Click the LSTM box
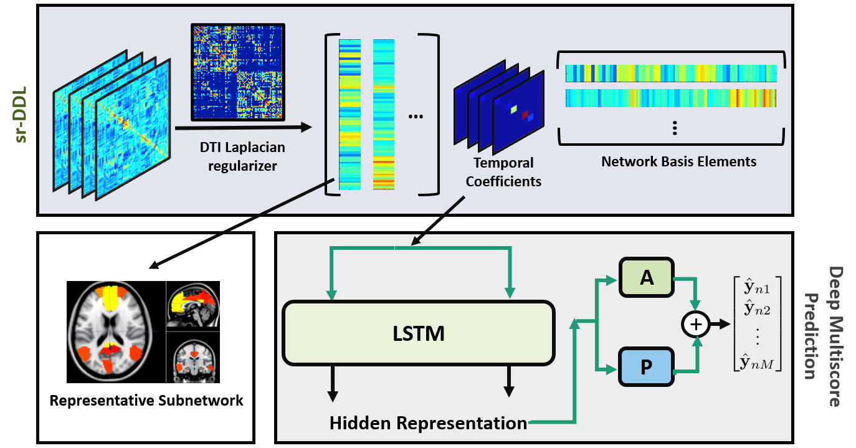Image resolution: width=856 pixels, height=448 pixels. tap(418, 333)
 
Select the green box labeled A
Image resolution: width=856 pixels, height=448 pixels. tap(647, 277)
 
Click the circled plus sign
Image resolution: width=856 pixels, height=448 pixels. tap(697, 324)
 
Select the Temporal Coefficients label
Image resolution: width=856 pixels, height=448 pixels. tap(503, 172)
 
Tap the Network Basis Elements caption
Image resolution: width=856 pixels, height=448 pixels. tap(678, 161)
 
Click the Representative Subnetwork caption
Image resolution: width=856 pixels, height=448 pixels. tap(146, 400)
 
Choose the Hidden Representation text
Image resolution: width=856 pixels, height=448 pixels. tap(428, 424)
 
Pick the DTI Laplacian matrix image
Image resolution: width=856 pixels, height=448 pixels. tap(237, 72)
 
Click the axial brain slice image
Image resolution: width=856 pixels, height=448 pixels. tap(116, 332)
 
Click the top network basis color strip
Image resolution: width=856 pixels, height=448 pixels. tap(671, 73)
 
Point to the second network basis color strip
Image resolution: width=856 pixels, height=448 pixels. tap(671, 98)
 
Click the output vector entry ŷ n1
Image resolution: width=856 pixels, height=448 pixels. tap(757, 288)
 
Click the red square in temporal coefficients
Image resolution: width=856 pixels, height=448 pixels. tap(525, 114)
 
